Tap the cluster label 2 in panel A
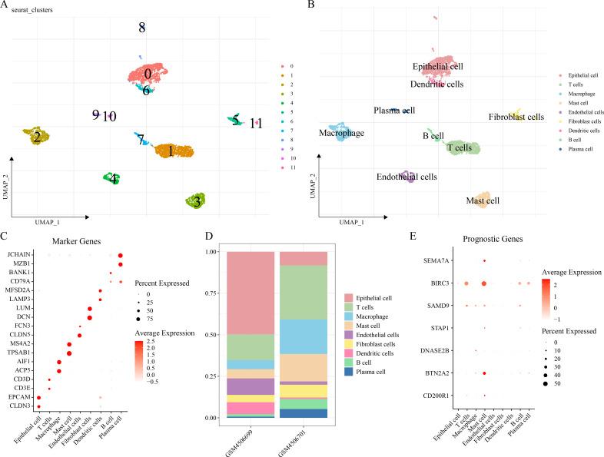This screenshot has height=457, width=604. point(35,137)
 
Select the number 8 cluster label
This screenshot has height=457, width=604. point(141,28)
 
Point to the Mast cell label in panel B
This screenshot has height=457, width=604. point(483,201)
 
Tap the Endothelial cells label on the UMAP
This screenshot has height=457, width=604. point(407,177)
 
